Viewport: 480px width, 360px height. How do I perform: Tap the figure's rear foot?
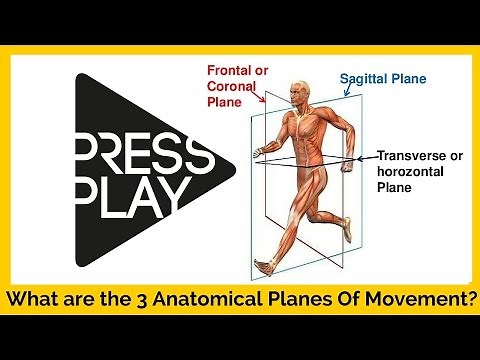pyautogui.click(x=262, y=265)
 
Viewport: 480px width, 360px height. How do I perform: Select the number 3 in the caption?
pyautogui.click(x=146, y=299)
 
